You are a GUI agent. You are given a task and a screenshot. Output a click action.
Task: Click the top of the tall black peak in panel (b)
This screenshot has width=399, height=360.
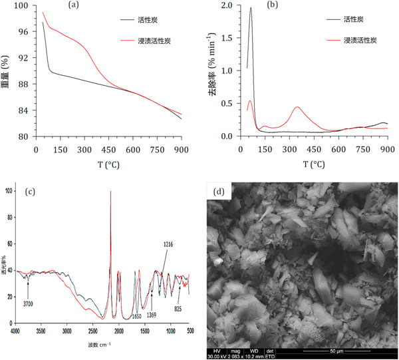pos(251,8)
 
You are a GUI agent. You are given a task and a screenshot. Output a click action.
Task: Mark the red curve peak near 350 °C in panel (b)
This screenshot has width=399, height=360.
pos(297,107)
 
